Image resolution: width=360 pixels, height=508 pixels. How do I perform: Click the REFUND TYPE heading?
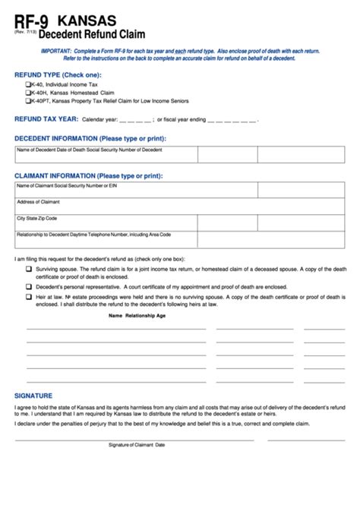pos(57,74)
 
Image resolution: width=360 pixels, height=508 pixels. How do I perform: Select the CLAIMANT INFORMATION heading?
pos(88,175)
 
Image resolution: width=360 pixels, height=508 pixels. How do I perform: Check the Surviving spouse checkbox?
pos(29,269)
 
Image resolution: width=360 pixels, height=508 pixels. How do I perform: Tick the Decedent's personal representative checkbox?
pos(29,287)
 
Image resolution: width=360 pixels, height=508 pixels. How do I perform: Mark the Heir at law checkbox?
pos(29,297)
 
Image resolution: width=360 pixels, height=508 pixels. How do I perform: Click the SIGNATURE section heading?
pos(33,396)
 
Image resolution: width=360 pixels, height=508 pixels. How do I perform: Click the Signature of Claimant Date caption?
pos(137,444)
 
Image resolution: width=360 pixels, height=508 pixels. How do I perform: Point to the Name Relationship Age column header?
pos(137,315)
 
